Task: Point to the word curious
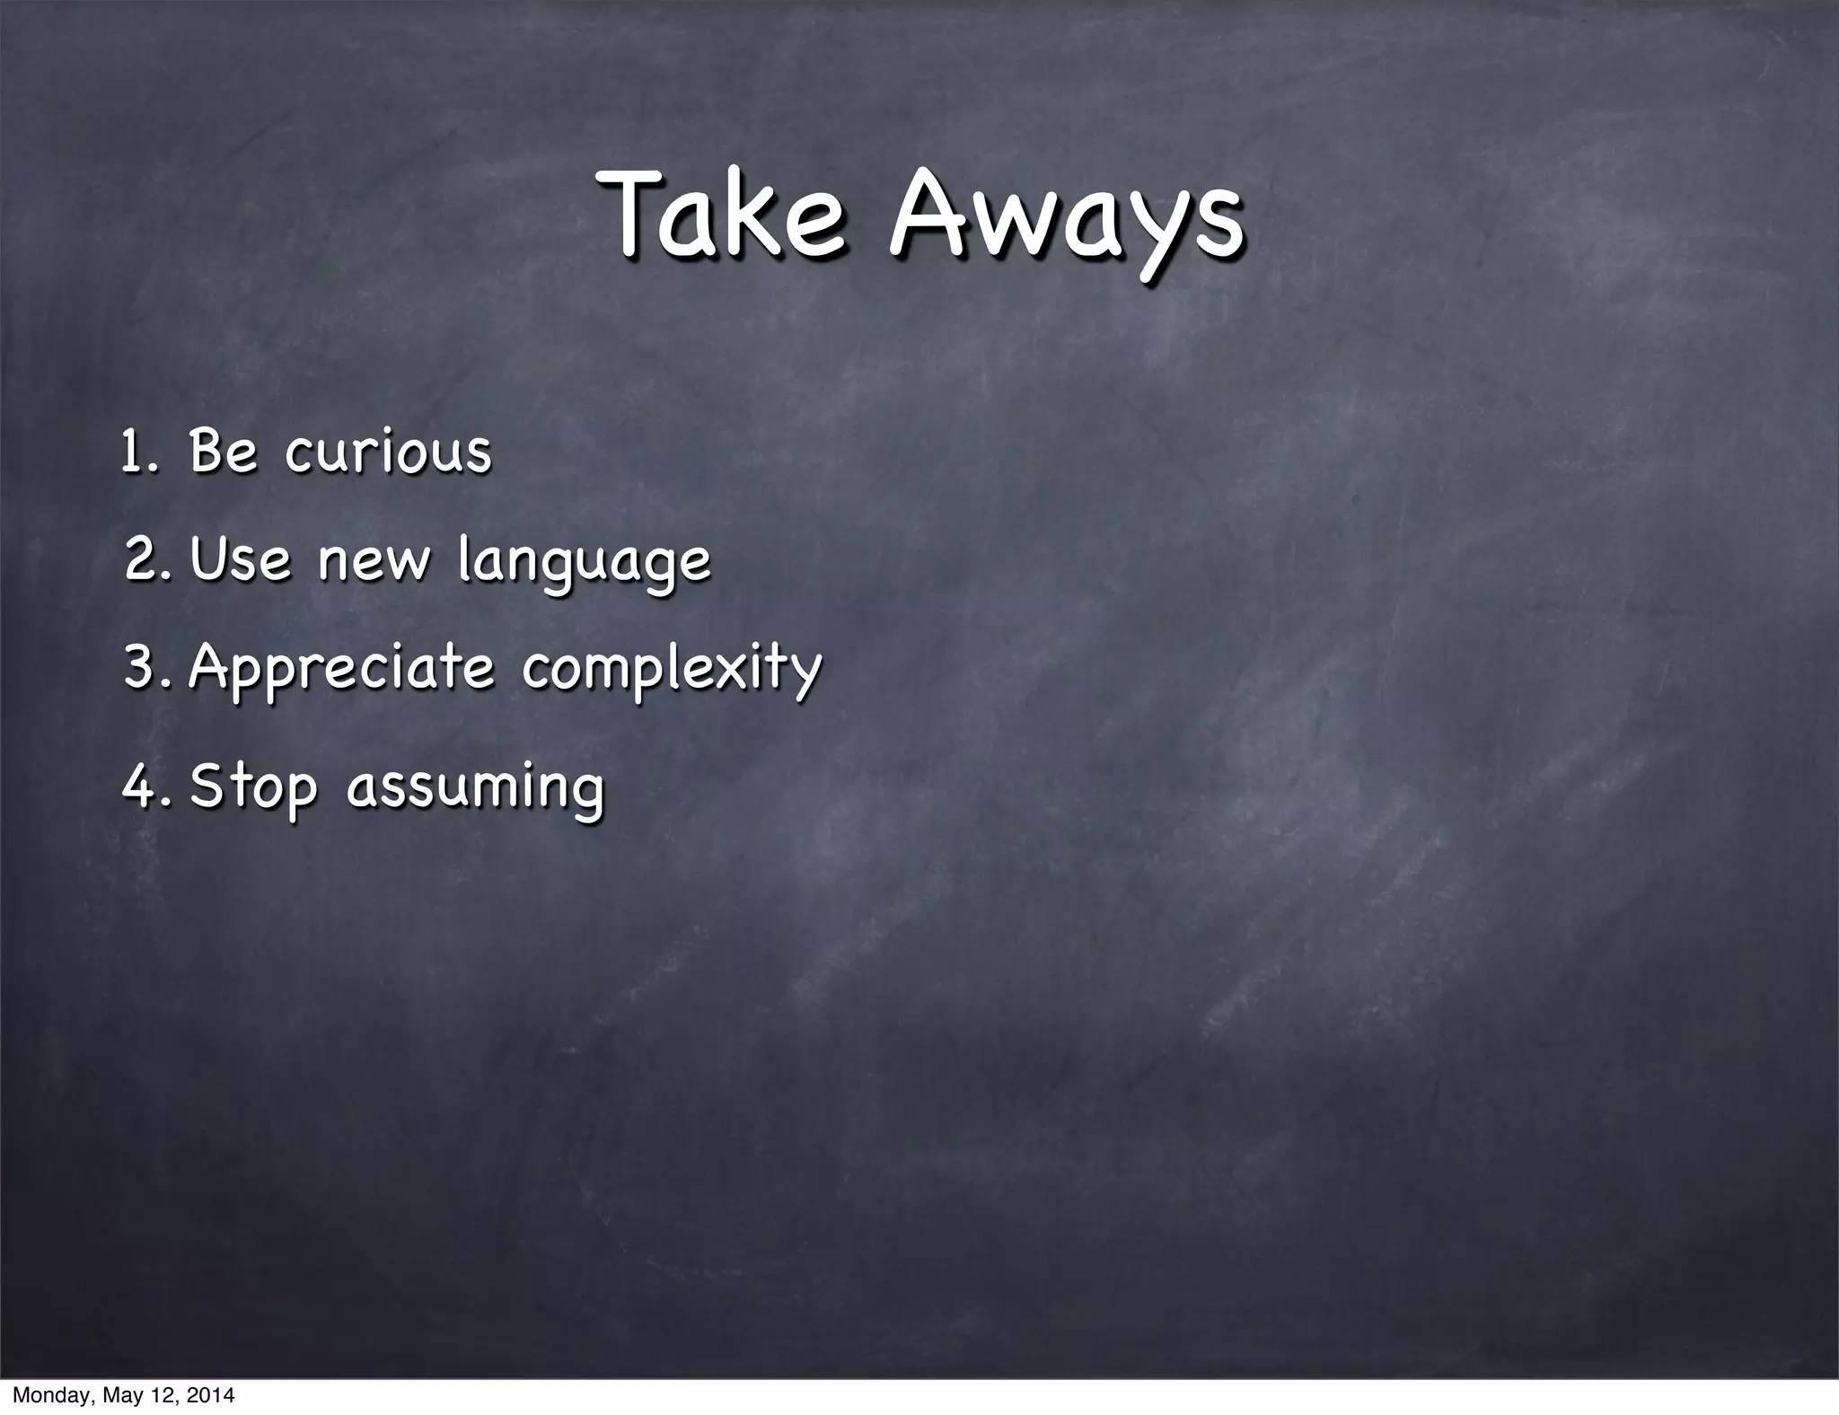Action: tap(388, 452)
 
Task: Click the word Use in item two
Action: tap(241, 559)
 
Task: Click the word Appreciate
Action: tap(341, 670)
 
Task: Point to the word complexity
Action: tap(672, 670)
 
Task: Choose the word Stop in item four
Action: tap(253, 787)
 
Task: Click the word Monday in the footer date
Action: tap(47, 1396)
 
